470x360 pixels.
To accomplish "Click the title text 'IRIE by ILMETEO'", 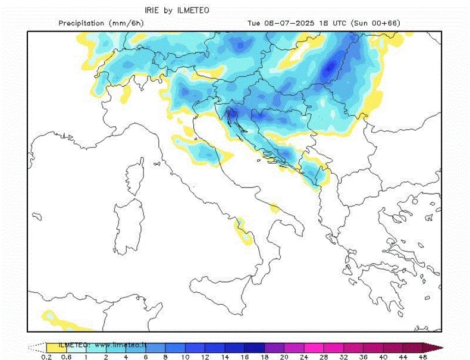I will [x=177, y=10].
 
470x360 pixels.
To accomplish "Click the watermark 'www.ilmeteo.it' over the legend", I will [x=119, y=345].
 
